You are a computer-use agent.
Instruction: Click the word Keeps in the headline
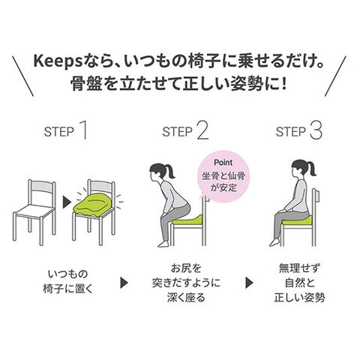(58, 61)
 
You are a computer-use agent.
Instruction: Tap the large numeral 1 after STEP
(84, 130)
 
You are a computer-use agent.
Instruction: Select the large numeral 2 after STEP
(202, 130)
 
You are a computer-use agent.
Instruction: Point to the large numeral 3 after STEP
(316, 130)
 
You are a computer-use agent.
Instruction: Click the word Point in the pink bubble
(223, 163)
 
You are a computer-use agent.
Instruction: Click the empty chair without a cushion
(34, 211)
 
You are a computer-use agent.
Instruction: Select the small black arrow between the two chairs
(65, 202)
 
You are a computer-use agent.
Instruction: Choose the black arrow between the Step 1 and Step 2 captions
(124, 283)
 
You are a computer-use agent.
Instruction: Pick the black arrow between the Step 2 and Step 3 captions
(249, 283)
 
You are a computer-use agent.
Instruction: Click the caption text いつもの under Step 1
(68, 274)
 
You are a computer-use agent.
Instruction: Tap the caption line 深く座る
(187, 298)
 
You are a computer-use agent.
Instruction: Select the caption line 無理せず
(299, 268)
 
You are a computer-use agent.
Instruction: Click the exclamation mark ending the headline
(283, 83)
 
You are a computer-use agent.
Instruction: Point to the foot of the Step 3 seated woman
(274, 242)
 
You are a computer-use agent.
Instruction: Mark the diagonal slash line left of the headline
(23, 76)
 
